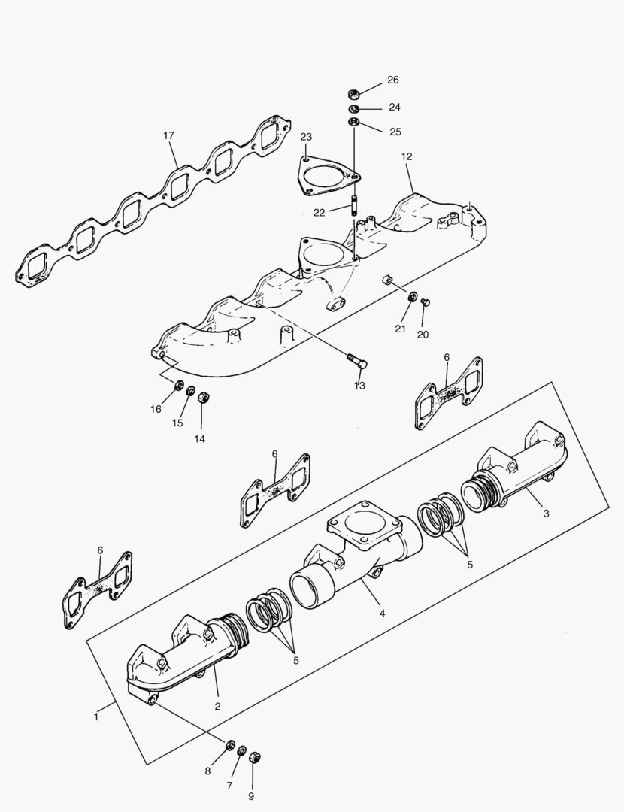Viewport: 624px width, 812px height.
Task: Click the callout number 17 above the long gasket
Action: coord(168,136)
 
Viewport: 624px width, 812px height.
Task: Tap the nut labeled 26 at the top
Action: coord(353,94)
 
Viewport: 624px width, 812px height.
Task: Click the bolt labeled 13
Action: coord(357,361)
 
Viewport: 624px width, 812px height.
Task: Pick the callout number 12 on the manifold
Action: coord(407,157)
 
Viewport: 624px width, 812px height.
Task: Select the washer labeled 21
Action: coord(412,298)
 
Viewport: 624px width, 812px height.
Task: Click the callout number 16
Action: coord(156,409)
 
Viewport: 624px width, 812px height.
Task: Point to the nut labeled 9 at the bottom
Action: coord(253,756)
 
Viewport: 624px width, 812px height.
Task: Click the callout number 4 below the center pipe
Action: coord(382,614)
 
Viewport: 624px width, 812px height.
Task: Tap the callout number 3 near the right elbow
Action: coord(546,513)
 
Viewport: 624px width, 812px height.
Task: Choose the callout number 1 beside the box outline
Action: coord(96,717)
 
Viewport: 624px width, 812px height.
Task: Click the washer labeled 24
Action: coord(353,109)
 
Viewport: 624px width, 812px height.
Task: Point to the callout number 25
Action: coord(395,132)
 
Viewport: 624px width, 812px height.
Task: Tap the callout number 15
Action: coord(177,423)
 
